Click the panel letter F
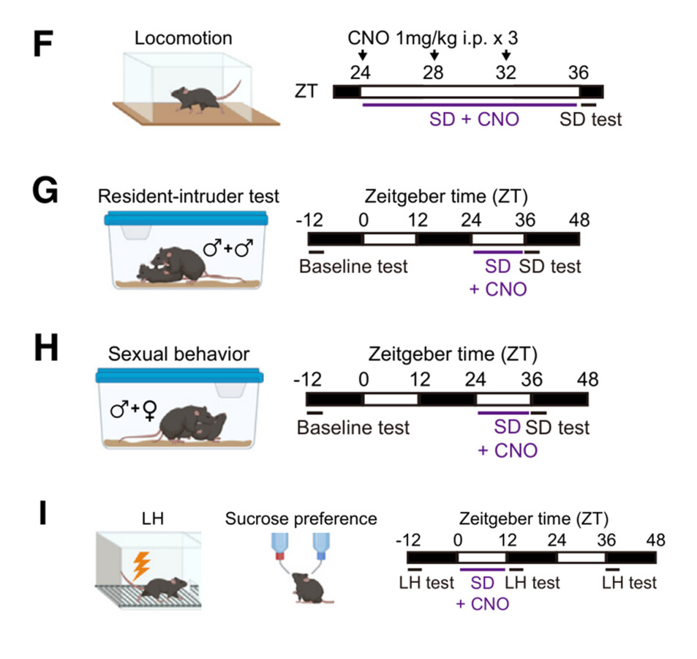pyautogui.click(x=45, y=46)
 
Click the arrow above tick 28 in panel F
pyautogui.click(x=434, y=56)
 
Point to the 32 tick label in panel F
pyautogui.click(x=506, y=72)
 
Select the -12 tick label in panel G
pyautogui.click(x=310, y=220)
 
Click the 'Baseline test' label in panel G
pyautogui.click(x=353, y=266)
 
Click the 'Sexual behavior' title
pyautogui.click(x=178, y=354)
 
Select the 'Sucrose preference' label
pyautogui.click(x=301, y=520)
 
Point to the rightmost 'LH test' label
pyautogui.click(x=629, y=583)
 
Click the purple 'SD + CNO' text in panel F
pyautogui.click(x=474, y=119)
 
